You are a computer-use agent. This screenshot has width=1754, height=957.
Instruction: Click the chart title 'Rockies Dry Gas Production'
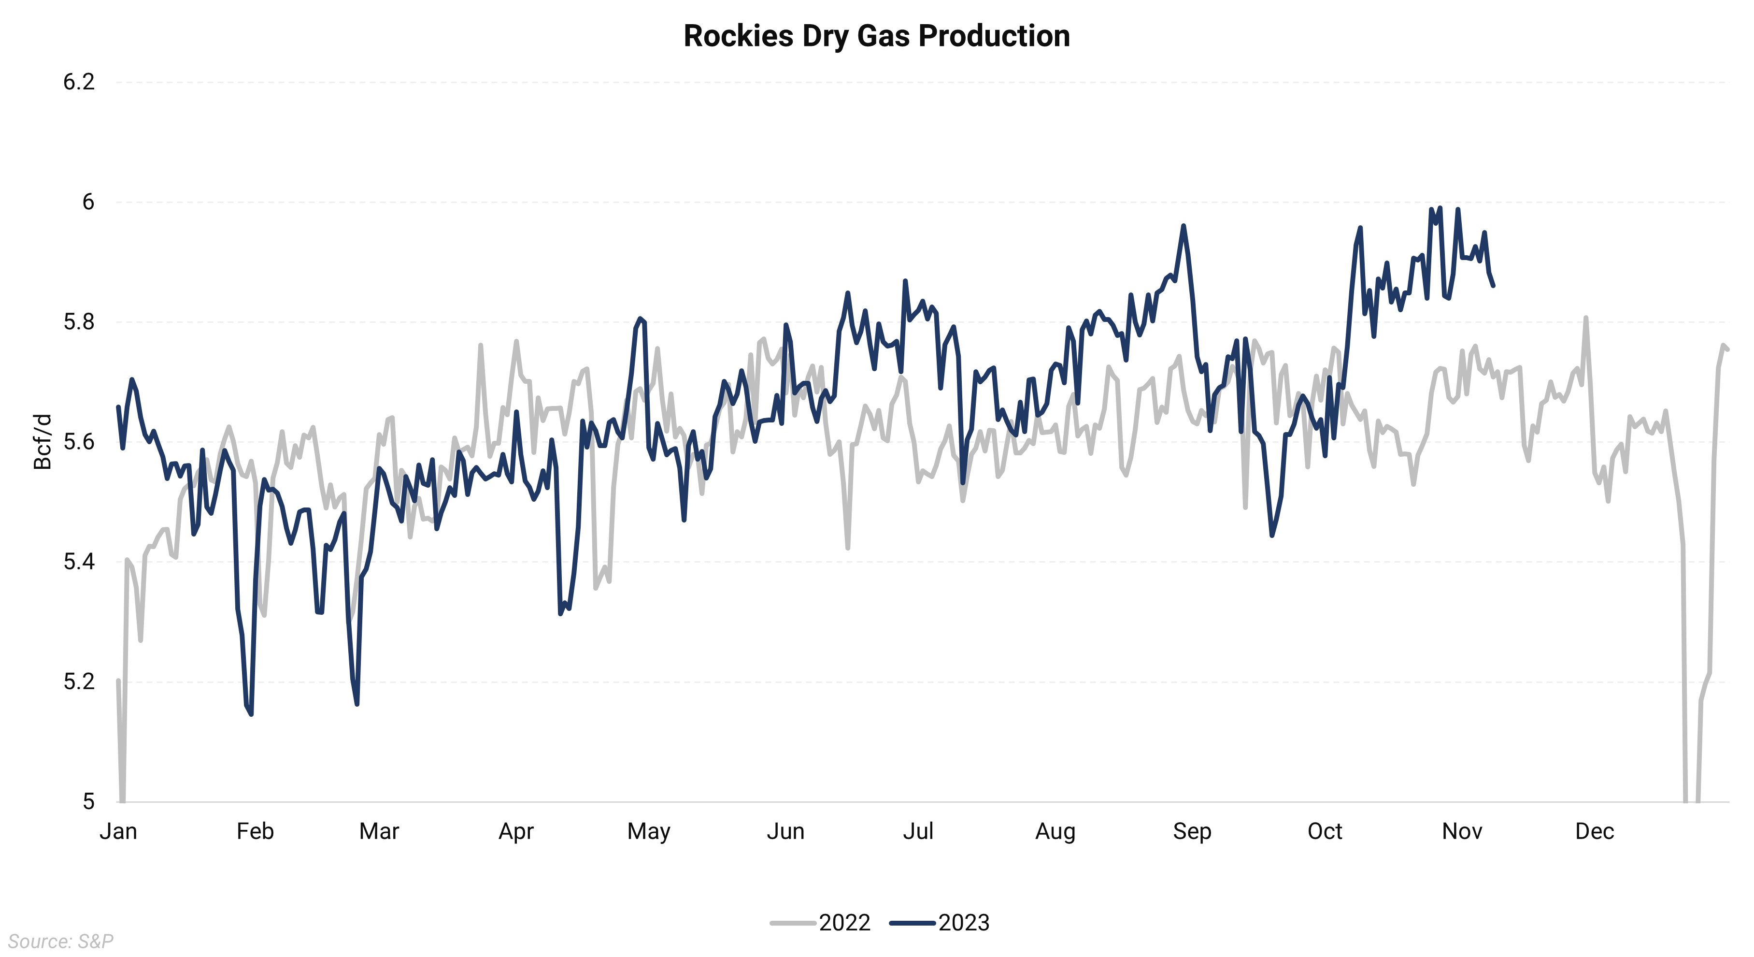tap(876, 36)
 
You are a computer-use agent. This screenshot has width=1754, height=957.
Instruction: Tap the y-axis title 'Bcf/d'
tap(42, 441)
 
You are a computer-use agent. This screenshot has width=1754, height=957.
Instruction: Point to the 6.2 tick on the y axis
tap(79, 83)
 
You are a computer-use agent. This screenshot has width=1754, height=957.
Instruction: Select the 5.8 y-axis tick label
tap(79, 322)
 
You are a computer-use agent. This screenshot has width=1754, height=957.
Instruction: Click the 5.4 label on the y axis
tap(79, 562)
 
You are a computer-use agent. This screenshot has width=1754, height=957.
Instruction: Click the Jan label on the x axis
tap(118, 832)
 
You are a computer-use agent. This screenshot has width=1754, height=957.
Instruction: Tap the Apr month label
tap(516, 832)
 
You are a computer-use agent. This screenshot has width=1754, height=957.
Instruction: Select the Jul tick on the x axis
tap(918, 832)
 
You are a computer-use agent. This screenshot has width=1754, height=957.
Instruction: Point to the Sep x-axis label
tap(1192, 832)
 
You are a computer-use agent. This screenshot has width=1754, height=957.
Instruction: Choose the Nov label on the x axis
tap(1462, 832)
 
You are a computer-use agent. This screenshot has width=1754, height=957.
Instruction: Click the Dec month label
tap(1595, 832)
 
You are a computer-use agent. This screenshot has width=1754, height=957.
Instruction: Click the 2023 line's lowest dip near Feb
tap(251, 714)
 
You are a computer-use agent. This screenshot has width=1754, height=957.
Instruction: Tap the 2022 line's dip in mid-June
tap(848, 548)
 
